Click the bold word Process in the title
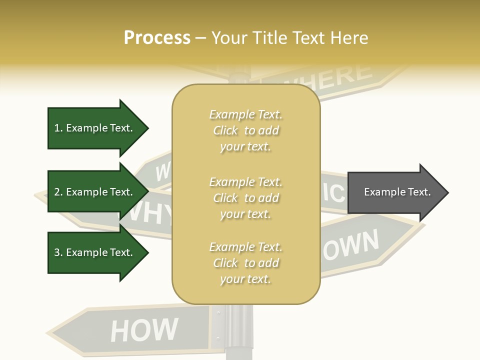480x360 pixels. coord(157,38)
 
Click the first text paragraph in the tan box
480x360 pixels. coord(245,130)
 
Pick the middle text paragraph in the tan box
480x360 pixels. coord(245,198)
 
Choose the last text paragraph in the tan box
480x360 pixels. coord(245,263)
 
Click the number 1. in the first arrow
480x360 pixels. coord(58,128)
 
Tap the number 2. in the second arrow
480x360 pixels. coord(58,192)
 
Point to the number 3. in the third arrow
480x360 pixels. coord(58,252)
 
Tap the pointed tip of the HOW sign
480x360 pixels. coord(49,331)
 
